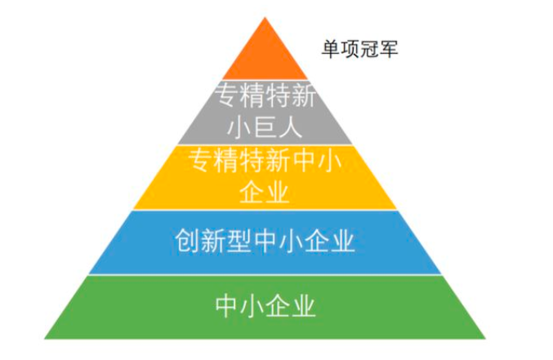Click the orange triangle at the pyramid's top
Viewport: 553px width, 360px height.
pyautogui.click(x=265, y=56)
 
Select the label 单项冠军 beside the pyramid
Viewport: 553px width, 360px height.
pyautogui.click(x=359, y=49)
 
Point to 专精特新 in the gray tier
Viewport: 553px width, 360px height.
pyautogui.click(x=265, y=95)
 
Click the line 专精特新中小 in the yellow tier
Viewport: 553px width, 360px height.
pyautogui.click(x=265, y=161)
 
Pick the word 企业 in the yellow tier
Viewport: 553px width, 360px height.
pyautogui.click(x=265, y=192)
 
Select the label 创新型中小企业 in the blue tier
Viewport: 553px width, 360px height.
pyautogui.click(x=265, y=241)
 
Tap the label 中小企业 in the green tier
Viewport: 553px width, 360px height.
pyautogui.click(x=265, y=305)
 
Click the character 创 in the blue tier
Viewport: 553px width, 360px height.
pyautogui.click(x=188, y=241)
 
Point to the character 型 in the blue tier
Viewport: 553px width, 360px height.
pyautogui.click(x=239, y=241)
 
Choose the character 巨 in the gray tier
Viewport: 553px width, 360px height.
pyautogui.click(x=265, y=127)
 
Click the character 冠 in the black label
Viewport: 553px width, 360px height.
pyautogui.click(x=369, y=49)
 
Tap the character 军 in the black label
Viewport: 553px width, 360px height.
pyautogui.click(x=389, y=49)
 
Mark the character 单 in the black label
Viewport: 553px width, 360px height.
pyautogui.click(x=331, y=49)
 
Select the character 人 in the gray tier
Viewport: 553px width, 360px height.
pyautogui.click(x=291, y=127)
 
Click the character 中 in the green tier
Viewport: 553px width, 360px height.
pyautogui.click(x=227, y=305)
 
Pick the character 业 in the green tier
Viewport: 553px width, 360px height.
pyautogui.click(x=303, y=305)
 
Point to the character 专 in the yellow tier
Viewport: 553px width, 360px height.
pyautogui.click(x=201, y=161)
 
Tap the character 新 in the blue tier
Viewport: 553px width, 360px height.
pyautogui.click(x=213, y=241)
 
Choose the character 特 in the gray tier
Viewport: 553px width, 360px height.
pyautogui.click(x=278, y=95)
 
